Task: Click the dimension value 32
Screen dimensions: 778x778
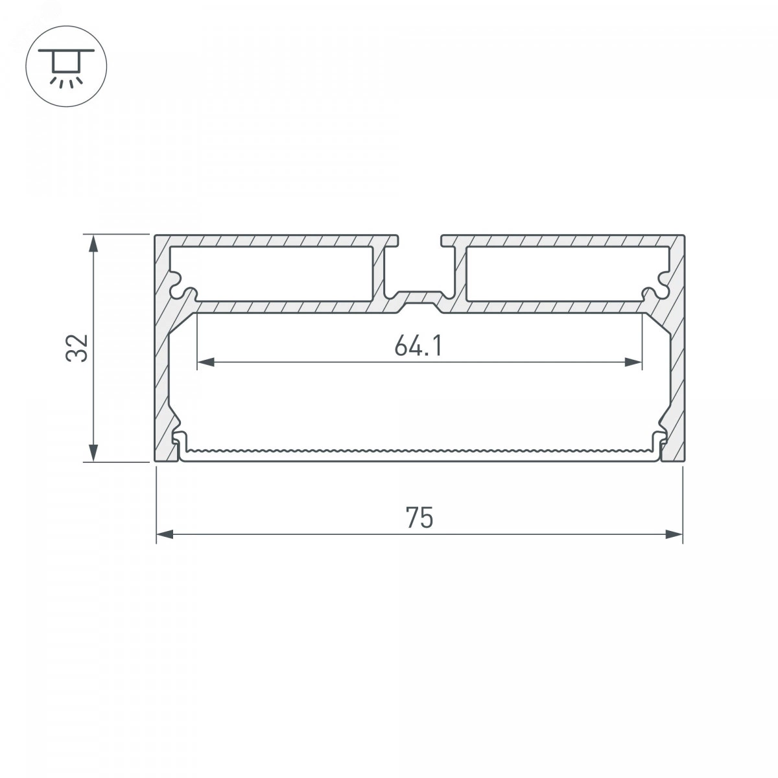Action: [x=77, y=348]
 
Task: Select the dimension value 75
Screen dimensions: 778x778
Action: [x=419, y=517]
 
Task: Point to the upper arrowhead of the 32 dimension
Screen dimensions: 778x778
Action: [x=93, y=244]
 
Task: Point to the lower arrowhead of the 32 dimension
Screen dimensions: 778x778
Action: [x=93, y=453]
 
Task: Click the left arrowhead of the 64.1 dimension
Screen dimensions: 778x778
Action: [x=206, y=362]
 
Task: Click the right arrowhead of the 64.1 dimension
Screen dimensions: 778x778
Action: [x=633, y=362]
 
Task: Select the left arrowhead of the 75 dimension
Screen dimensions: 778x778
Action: [x=165, y=534]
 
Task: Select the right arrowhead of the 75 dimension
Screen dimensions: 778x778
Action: [x=674, y=534]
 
